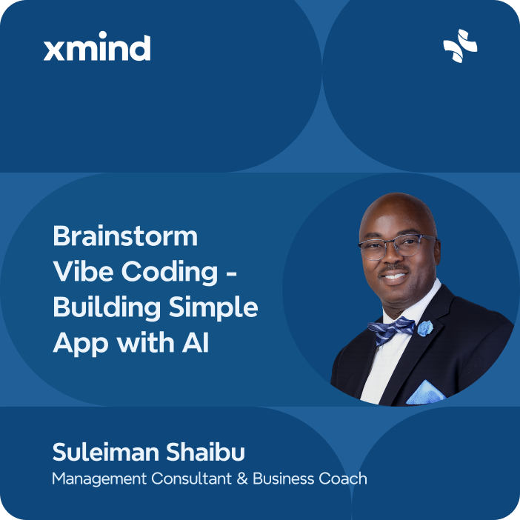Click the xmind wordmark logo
click(x=97, y=49)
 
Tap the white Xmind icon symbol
click(x=460, y=46)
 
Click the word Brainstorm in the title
click(x=125, y=236)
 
